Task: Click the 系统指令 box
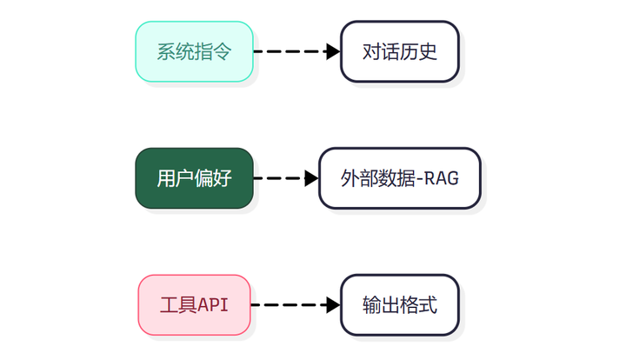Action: pyautogui.click(x=195, y=51)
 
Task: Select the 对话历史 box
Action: pyautogui.click(x=400, y=51)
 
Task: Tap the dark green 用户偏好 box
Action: pyautogui.click(x=195, y=178)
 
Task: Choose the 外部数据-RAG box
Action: pyautogui.click(x=400, y=178)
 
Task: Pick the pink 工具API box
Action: pyautogui.click(x=195, y=305)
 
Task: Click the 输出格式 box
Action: pyautogui.click(x=400, y=305)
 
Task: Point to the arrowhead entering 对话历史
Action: pyautogui.click(x=333, y=51)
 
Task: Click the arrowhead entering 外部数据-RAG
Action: pyautogui.click(x=312, y=178)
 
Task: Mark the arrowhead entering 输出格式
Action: pyautogui.click(x=333, y=305)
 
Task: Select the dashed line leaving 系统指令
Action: pyautogui.click(x=290, y=51)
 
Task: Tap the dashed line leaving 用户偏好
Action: pyautogui.click(x=279, y=178)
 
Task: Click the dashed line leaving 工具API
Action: pyautogui.click(x=289, y=305)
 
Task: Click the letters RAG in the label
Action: pyautogui.click(x=441, y=178)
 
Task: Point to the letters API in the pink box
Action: pyautogui.click(x=213, y=305)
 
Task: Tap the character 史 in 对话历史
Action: pyautogui.click(x=428, y=51)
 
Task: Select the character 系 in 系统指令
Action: pyautogui.click(x=166, y=51)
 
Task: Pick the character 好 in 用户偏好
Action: pyautogui.click(x=223, y=178)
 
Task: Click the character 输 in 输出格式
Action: pyautogui.click(x=372, y=305)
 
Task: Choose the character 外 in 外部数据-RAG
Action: pyautogui.click(x=350, y=178)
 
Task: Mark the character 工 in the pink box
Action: pyautogui.click(x=170, y=305)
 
